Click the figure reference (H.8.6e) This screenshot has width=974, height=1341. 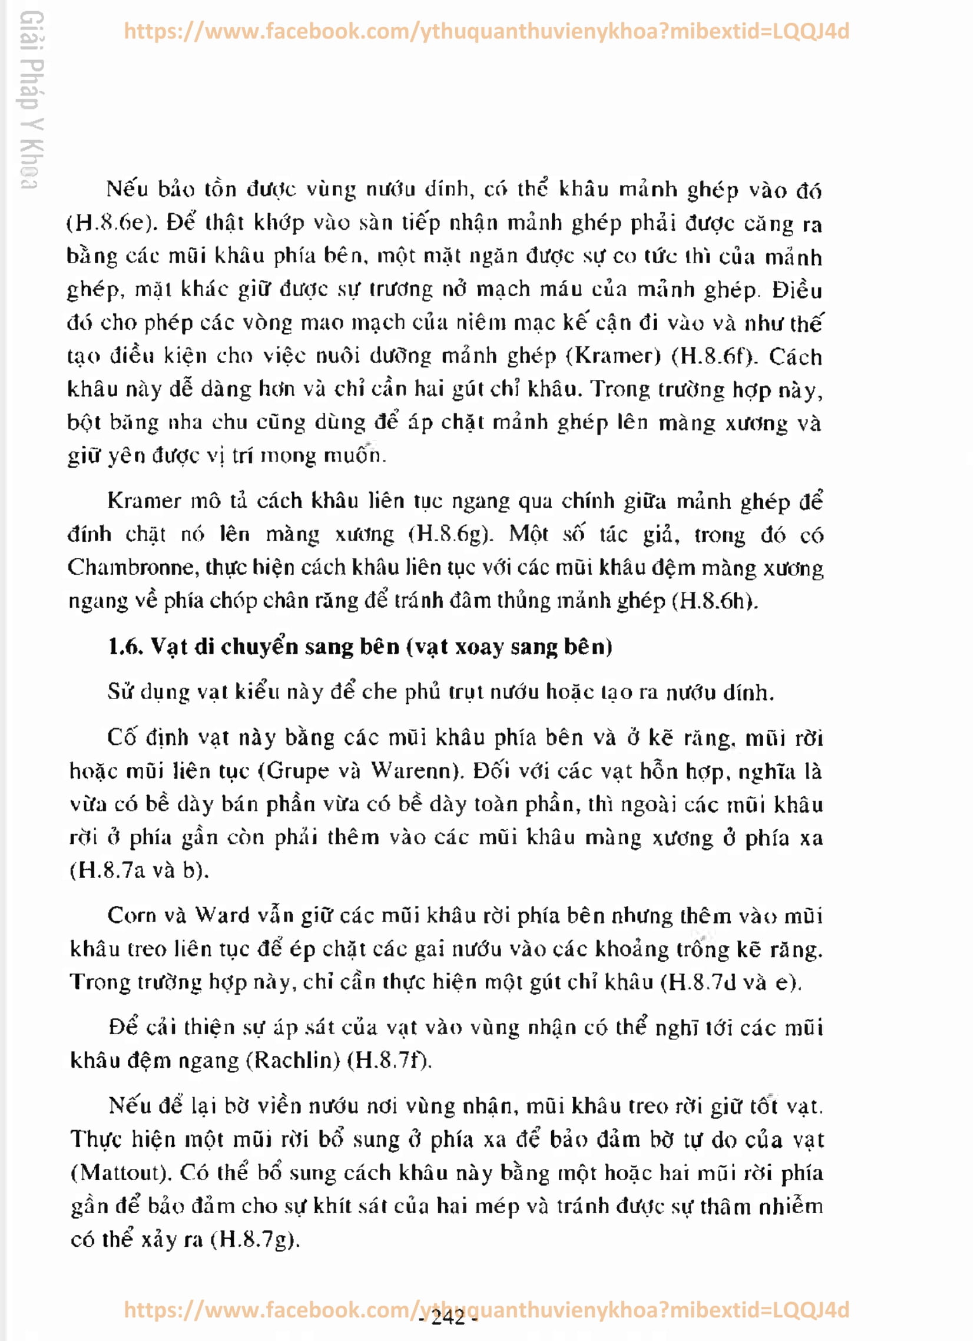click(x=111, y=223)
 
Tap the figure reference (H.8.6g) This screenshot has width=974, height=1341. click(x=450, y=534)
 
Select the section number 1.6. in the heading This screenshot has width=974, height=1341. click(x=125, y=646)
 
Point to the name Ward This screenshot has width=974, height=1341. click(x=223, y=915)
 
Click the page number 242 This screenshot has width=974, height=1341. click(x=448, y=1317)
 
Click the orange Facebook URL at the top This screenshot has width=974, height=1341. click(x=486, y=31)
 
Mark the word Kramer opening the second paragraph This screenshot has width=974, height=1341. click(x=144, y=501)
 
